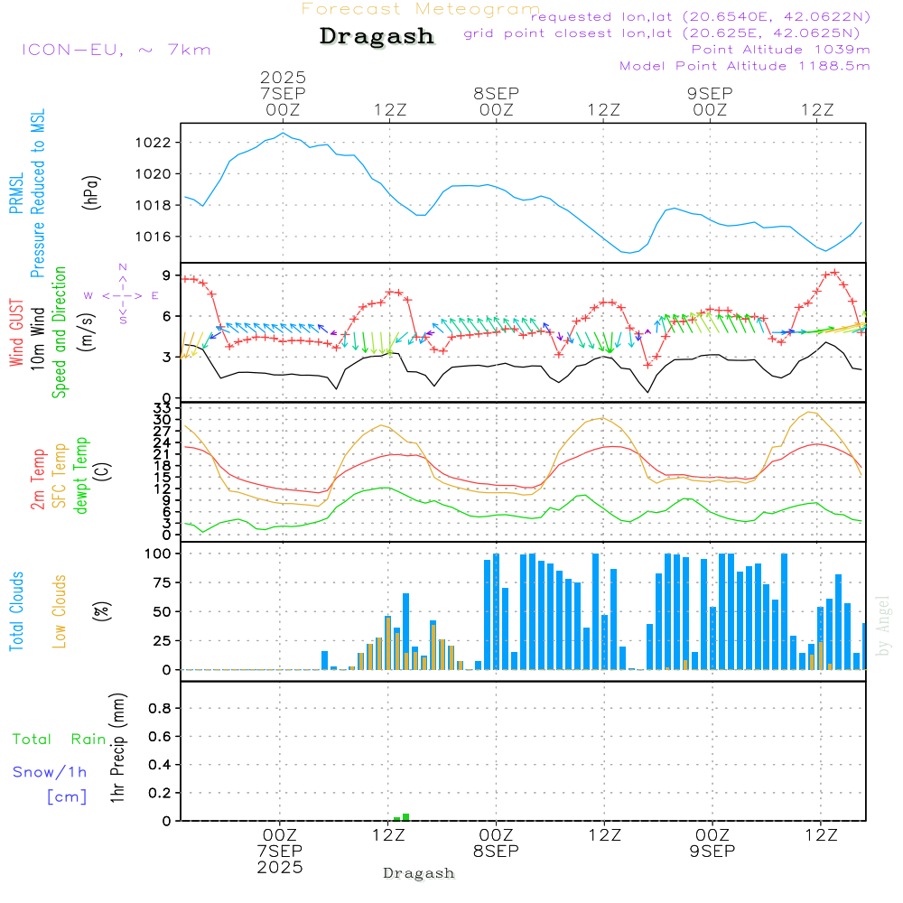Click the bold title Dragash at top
(377, 37)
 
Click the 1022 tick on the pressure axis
(156, 143)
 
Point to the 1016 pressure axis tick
(156, 237)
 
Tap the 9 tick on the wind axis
(167, 275)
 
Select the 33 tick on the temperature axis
(163, 409)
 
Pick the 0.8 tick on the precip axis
(159, 709)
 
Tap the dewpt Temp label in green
(81, 476)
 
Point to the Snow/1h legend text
(50, 772)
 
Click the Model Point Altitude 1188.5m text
(745, 66)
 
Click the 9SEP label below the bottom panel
(712, 852)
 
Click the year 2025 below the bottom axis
(281, 868)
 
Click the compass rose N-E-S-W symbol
(122, 295)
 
